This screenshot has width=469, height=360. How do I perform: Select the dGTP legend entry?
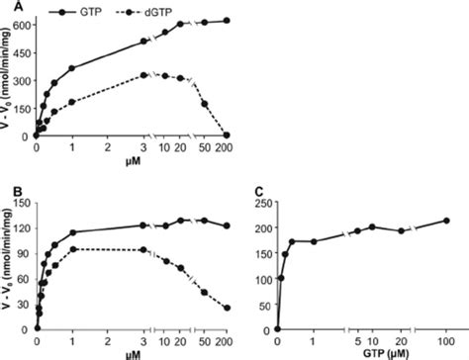point(167,9)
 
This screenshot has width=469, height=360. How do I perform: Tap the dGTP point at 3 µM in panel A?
point(144,75)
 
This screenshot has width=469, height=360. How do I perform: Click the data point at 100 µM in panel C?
point(445,221)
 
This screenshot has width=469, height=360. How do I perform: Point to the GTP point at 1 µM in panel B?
point(72,233)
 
